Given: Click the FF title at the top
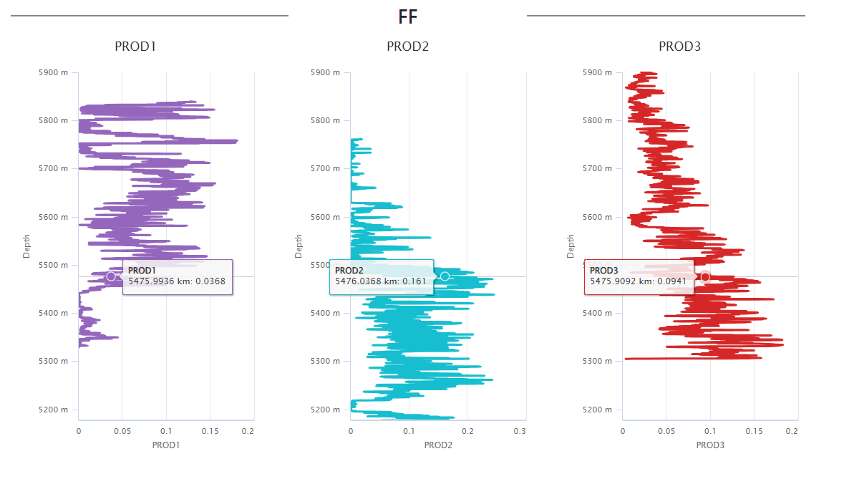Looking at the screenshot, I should (408, 17).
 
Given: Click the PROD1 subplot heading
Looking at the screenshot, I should (135, 47).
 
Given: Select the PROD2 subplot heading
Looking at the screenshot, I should (407, 47).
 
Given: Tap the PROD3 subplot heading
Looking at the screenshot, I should (679, 47).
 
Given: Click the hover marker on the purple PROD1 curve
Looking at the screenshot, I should (111, 276).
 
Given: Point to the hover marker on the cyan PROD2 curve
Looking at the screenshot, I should (445, 276).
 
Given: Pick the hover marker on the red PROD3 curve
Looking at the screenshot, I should (705, 277).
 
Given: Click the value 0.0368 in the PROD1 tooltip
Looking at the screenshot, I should (211, 281).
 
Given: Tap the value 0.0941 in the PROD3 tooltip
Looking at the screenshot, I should (671, 281).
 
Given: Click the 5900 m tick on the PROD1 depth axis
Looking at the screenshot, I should (54, 72).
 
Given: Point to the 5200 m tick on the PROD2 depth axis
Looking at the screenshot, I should (326, 410).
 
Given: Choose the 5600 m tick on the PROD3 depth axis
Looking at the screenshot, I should (598, 217).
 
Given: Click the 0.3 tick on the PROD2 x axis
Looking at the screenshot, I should (520, 432).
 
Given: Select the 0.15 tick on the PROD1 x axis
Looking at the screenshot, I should (210, 432).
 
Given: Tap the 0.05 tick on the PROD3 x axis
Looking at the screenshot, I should (666, 432).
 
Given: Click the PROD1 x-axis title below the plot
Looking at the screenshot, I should (166, 445).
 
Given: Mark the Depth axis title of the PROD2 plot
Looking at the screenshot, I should (299, 246).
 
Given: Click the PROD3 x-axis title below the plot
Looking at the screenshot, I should (710, 445).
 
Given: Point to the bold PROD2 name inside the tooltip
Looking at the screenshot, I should (349, 271).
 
